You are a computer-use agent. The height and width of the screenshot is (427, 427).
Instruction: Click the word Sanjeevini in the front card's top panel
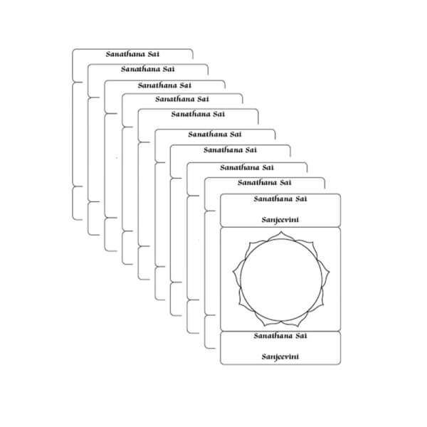click(x=280, y=220)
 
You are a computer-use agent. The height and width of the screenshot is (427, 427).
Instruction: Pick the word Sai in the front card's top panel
click(x=300, y=200)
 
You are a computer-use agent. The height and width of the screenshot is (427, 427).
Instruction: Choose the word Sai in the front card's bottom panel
click(x=300, y=335)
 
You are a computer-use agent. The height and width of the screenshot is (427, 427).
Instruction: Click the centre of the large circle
click(x=280, y=278)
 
